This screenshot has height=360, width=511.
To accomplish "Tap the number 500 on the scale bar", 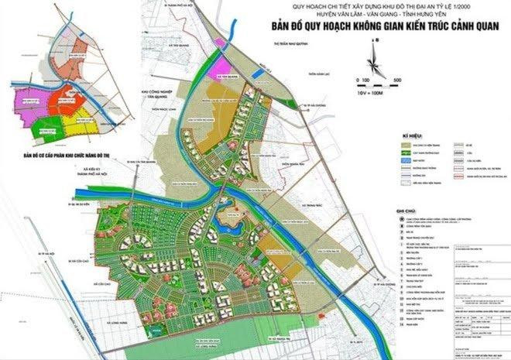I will coord(396,81).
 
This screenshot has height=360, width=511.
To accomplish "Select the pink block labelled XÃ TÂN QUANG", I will coord(228,70).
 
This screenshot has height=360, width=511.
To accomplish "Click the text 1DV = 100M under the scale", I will coord(372,91).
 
